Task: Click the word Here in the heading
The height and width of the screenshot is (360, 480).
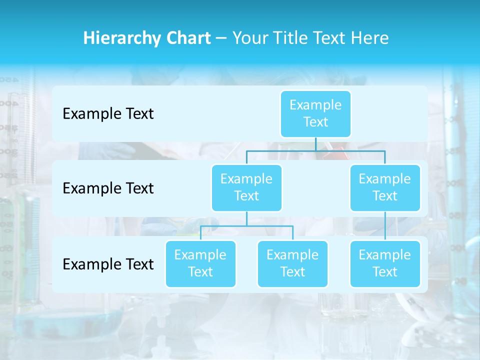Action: click(370, 38)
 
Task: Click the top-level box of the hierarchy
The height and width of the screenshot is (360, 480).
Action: click(315, 114)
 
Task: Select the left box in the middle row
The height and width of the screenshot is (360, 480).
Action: click(246, 187)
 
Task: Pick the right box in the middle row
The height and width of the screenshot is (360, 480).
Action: click(385, 187)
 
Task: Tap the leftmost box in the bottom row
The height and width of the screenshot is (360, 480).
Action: click(200, 263)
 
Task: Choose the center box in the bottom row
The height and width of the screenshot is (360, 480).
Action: click(292, 263)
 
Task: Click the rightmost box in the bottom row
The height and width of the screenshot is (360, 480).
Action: click(385, 263)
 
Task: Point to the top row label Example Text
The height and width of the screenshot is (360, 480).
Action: click(108, 114)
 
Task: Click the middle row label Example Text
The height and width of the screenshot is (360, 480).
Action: click(108, 188)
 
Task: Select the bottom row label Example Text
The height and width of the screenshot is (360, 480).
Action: click(108, 264)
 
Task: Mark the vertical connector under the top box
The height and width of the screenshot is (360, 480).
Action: click(315, 144)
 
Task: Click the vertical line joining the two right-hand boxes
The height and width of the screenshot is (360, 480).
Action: click(385, 226)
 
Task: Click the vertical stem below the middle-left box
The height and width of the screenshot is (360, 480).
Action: click(246, 218)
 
